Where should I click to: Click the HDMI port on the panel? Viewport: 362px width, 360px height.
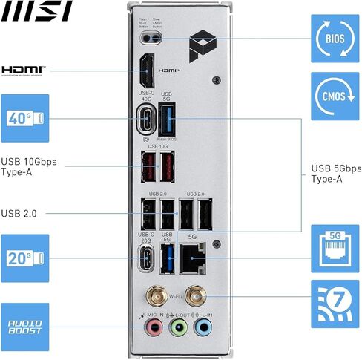pyautogui.click(x=146, y=73)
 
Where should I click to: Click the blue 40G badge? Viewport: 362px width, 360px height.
pyautogui.click(x=24, y=117)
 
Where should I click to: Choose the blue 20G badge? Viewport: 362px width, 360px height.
pyautogui.click(x=24, y=258)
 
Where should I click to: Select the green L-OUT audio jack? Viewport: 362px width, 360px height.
pyautogui.click(x=177, y=327)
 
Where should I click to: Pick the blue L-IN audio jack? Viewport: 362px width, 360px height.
pyautogui.click(x=203, y=327)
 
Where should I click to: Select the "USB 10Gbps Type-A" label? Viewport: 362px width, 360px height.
pyautogui.click(x=29, y=166)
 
